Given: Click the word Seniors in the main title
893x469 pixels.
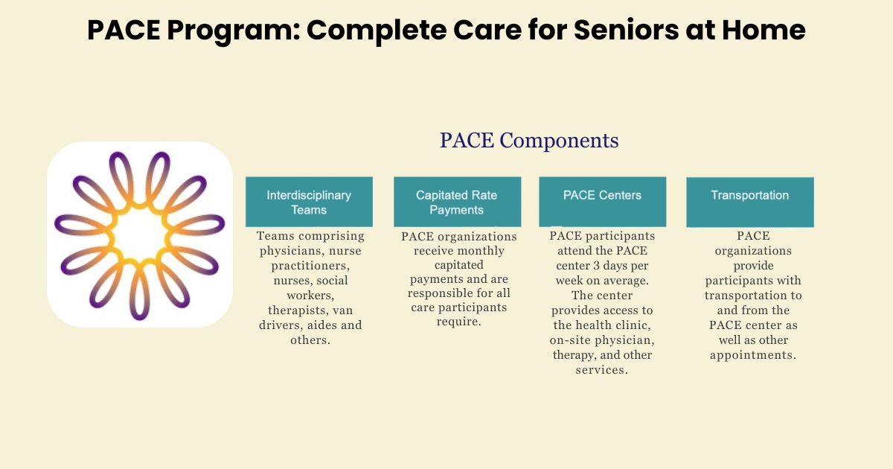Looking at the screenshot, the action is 627,30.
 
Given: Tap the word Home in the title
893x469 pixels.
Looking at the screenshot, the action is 764,30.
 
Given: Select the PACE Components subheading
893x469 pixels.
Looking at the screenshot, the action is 529,141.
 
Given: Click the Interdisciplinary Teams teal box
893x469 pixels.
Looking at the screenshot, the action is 309,202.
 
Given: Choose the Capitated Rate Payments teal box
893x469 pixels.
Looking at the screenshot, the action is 457,202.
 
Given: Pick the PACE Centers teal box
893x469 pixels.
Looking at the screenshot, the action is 602,202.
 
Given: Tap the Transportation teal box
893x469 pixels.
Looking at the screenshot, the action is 750,202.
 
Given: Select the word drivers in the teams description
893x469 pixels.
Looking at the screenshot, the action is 282,325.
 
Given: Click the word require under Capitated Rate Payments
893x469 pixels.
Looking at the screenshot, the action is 459,322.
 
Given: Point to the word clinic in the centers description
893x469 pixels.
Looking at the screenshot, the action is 634,325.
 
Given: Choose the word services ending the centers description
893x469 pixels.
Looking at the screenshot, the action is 601,370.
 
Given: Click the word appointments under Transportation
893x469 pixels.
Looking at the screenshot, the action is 752,355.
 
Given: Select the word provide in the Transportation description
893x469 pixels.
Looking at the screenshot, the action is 753,266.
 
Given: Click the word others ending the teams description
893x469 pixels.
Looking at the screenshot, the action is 310,340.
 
